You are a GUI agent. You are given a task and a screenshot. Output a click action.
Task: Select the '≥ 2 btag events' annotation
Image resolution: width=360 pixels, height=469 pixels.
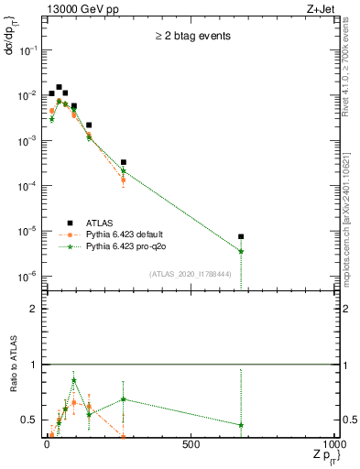(192, 36)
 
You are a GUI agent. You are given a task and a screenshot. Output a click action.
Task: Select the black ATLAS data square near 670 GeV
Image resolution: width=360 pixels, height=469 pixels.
(241, 236)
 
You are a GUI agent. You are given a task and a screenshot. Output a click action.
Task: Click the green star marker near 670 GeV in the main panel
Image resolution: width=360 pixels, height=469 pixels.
(241, 251)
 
